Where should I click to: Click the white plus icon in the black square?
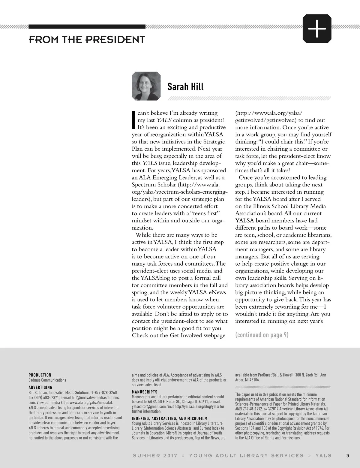[317, 29]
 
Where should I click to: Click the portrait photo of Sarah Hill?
[146, 86]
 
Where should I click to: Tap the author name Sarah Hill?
[185, 87]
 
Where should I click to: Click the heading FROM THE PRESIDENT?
[87, 39]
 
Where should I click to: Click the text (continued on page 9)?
[262, 335]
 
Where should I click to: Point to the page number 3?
[348, 455]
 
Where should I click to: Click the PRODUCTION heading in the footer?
[40, 375]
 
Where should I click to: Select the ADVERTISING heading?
[40, 387]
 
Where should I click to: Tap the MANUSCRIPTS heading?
[145, 392]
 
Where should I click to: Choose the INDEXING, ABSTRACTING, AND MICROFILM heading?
[169, 418]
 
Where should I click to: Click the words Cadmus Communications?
[47, 380]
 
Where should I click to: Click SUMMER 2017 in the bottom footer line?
[155, 455]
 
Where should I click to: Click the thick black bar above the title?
[87, 26]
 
